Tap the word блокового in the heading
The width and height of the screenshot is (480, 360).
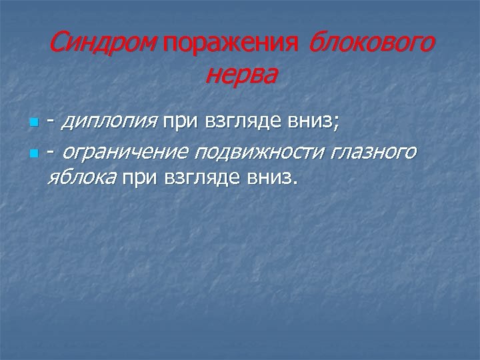pyautogui.click(x=371, y=44)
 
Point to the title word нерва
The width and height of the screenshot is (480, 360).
pyautogui.click(x=240, y=75)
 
